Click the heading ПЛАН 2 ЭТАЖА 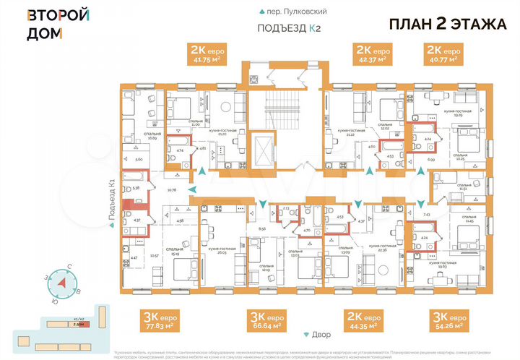coord(448,23)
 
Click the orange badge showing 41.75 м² coord(206,53)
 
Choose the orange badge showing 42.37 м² coord(371,53)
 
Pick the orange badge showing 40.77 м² coord(442,53)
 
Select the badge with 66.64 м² coord(267,320)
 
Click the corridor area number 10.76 coord(172,190)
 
